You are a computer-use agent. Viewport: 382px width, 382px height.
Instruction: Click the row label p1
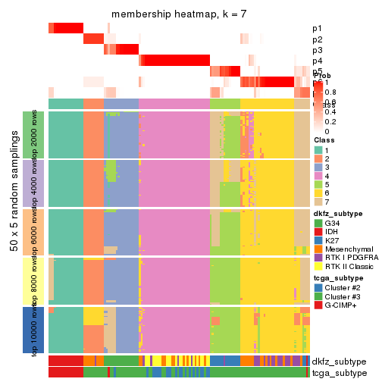click(317, 29)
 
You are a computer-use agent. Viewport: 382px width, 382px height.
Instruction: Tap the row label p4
click(317, 61)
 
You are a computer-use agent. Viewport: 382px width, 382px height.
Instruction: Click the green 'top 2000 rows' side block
click(39, 134)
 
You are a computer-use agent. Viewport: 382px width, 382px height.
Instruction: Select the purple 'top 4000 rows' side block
click(39, 183)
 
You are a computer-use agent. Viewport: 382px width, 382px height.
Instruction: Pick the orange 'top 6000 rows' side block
click(39, 231)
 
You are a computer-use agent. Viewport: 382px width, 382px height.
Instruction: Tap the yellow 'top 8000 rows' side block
click(39, 280)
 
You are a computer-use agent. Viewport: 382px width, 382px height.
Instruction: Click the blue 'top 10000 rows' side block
click(39, 330)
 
